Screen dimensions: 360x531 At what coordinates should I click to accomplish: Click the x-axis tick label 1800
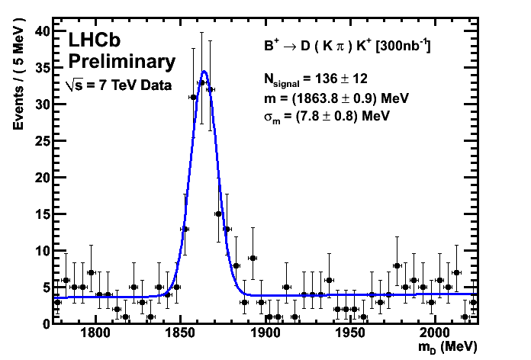[95, 334]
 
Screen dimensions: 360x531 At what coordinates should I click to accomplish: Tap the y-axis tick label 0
[46, 323]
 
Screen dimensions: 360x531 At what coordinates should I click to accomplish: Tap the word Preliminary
[121, 61]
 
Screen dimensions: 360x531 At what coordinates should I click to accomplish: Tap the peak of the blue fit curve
[204, 72]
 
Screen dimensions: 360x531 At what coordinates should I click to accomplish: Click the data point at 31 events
[194, 97]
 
